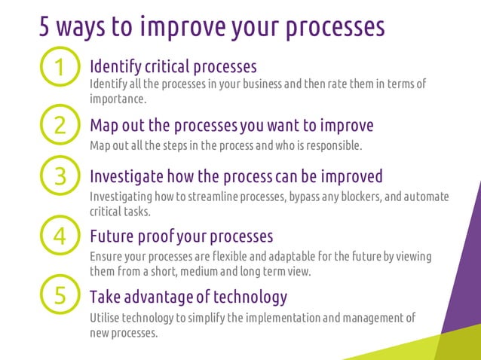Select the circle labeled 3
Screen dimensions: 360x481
point(61,176)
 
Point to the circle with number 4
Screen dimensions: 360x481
point(61,236)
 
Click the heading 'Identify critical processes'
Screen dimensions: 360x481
point(173,66)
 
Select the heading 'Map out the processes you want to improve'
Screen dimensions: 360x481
point(231,124)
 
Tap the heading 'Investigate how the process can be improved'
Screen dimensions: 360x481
point(235,177)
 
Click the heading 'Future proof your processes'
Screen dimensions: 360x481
point(181,236)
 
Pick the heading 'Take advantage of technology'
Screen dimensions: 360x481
point(188,295)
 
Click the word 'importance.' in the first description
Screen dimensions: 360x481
point(117,99)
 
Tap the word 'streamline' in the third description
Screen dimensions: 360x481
point(215,197)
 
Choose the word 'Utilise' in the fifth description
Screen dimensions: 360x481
point(105,318)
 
